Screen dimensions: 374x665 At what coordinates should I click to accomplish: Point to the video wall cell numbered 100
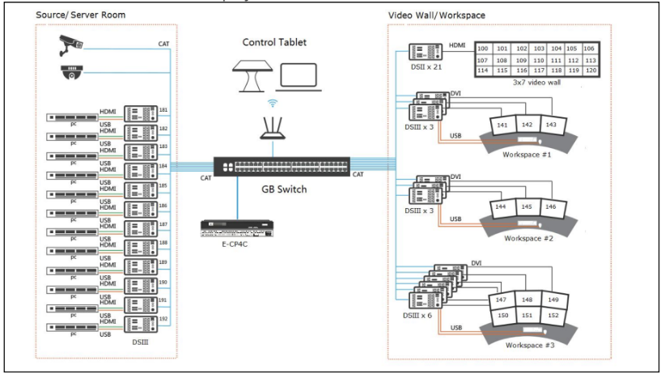pyautogui.click(x=484, y=49)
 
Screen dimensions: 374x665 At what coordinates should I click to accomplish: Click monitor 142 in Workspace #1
pyautogui.click(x=527, y=125)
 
